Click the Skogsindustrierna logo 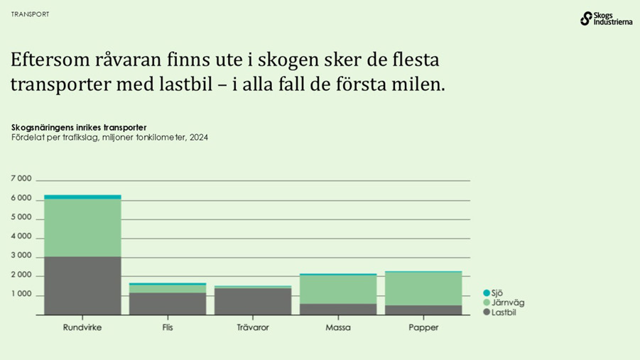(x=605, y=18)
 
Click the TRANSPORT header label (x=31, y=14)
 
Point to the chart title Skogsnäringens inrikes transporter (x=79, y=127)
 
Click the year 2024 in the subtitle (x=198, y=137)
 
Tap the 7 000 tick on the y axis (x=21, y=178)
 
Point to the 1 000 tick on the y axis (x=21, y=294)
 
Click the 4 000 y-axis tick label (x=21, y=236)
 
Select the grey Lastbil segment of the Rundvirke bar (x=82, y=285)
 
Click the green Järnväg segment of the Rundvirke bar (x=82, y=227)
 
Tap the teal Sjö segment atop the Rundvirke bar (x=82, y=197)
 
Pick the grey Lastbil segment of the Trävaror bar (x=253, y=301)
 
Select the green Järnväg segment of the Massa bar (x=338, y=290)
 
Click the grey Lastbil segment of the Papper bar (x=423, y=310)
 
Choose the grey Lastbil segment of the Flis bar (x=168, y=303)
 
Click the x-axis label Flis (x=168, y=327)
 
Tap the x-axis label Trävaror (x=253, y=327)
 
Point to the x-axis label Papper (x=423, y=327)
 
